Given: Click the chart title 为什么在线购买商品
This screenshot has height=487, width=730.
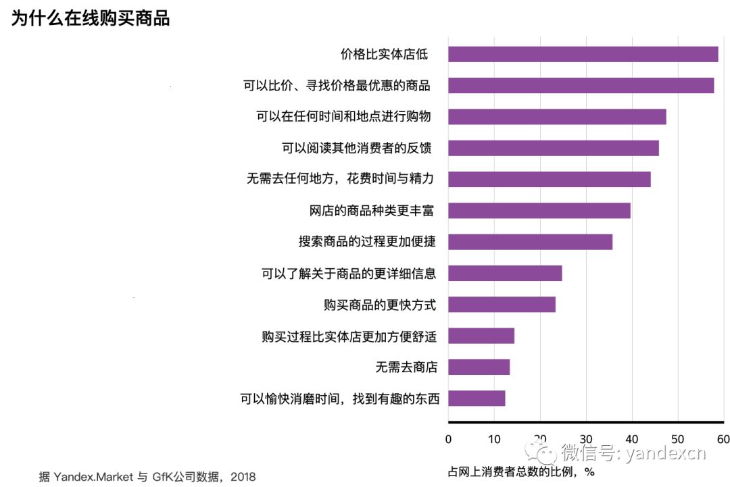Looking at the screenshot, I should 90,18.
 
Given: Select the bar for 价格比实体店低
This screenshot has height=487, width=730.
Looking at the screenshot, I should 583,54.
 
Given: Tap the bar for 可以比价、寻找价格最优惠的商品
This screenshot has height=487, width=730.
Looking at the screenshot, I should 581,85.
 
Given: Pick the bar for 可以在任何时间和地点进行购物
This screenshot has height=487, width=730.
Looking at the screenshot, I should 557,116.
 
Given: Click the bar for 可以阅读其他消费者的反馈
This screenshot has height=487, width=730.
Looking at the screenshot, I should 553,148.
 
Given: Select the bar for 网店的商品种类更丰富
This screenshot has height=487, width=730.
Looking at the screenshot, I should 539,210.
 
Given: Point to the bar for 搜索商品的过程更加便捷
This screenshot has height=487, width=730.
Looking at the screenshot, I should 530,242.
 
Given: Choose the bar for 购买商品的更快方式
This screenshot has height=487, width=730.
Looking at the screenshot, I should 502,304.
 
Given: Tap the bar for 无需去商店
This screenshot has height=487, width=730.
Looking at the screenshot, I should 479,367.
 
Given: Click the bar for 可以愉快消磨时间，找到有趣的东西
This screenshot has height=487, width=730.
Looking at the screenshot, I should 477,398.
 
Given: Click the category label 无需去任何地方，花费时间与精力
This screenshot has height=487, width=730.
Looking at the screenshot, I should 340,180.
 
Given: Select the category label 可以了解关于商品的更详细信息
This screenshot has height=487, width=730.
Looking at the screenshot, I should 349,274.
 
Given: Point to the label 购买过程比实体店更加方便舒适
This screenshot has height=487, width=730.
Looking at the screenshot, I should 349,336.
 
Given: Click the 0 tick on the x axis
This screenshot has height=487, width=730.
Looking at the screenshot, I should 448,438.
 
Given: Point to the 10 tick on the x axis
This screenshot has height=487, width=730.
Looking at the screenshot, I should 494,438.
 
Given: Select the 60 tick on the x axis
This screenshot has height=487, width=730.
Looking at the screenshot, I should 723,438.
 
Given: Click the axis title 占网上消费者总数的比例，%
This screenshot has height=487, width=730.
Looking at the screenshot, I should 521,471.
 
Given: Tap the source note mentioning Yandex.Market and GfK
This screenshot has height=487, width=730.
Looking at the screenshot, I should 147,476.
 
